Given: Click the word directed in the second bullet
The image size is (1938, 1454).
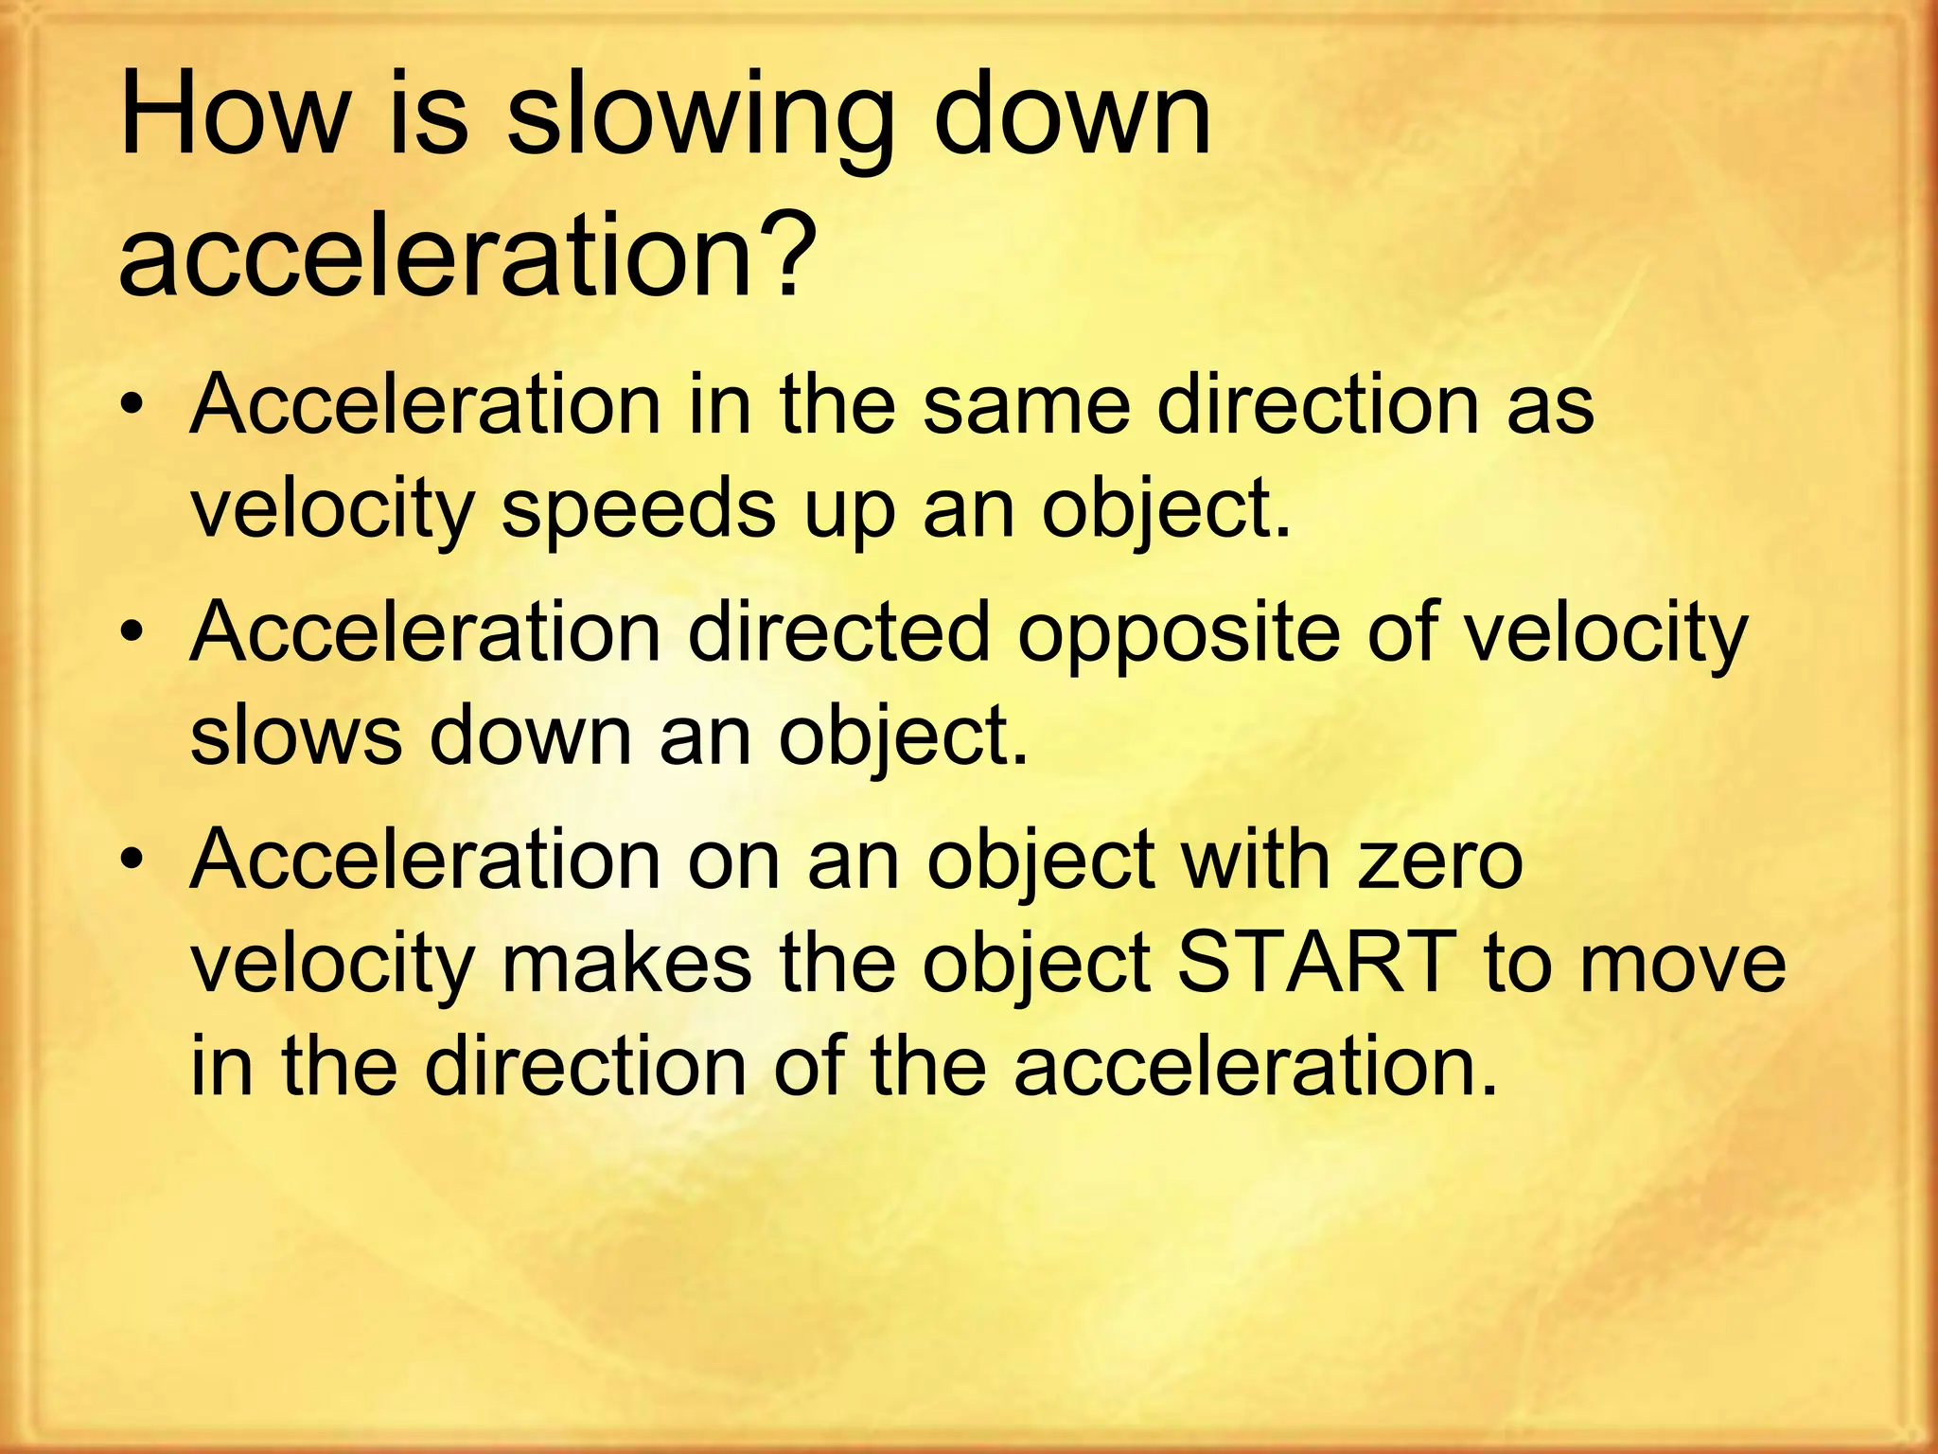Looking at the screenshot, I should coord(838,631).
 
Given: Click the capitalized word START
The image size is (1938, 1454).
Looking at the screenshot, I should coord(1316,963).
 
